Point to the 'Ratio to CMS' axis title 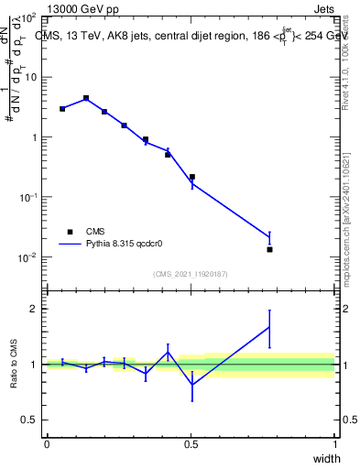[x=15, y=365]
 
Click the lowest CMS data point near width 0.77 [x=269, y=249]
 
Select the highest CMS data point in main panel [x=86, y=98]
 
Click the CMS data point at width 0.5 [x=191, y=177]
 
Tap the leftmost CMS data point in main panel [x=62, y=109]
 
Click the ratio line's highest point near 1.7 [x=269, y=326]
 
